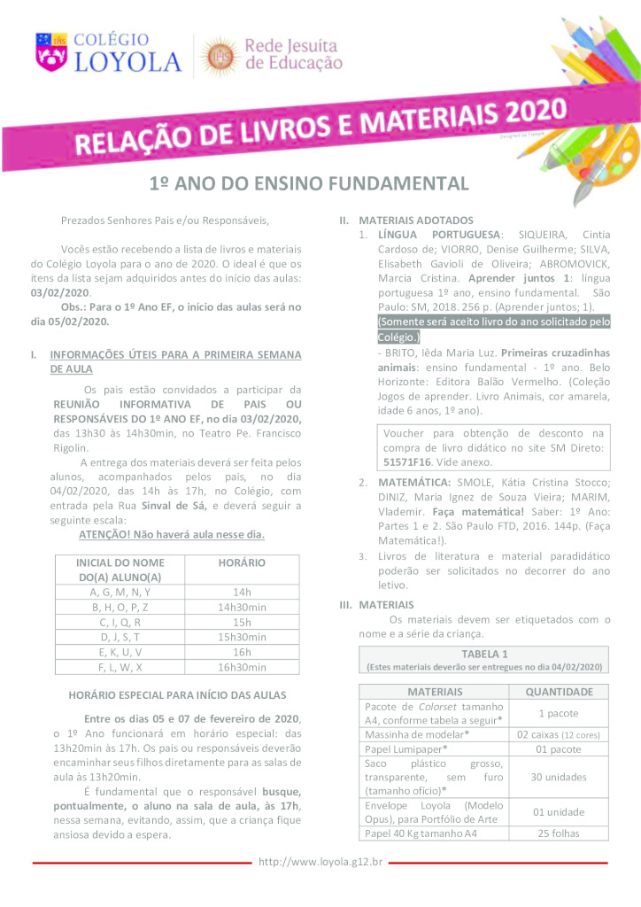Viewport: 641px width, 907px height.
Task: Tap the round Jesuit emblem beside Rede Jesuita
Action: point(220,55)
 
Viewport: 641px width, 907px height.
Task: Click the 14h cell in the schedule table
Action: point(242,592)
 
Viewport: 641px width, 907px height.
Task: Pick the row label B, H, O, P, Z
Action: point(120,607)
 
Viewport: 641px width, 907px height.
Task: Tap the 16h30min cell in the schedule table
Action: point(242,667)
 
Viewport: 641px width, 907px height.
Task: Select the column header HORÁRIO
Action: point(242,562)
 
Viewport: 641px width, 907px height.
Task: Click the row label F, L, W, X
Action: point(120,667)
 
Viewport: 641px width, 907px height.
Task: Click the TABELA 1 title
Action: point(485,654)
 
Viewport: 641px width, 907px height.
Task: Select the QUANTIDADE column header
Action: point(560,691)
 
